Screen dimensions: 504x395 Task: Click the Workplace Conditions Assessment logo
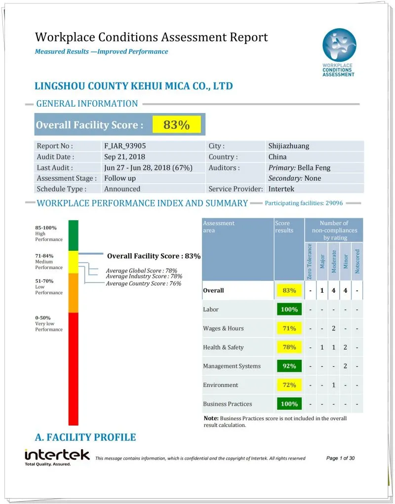click(x=339, y=52)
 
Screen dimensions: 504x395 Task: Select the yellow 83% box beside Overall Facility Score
click(x=176, y=125)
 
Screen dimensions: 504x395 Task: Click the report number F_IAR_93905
click(x=125, y=146)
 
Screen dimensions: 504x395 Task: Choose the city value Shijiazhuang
click(x=289, y=146)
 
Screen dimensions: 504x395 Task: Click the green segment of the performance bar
click(x=73, y=235)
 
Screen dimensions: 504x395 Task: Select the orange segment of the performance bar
click(x=73, y=292)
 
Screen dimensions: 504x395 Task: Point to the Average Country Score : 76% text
click(x=144, y=283)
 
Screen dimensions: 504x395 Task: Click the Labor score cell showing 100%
click(x=289, y=310)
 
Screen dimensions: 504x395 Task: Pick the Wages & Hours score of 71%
click(x=289, y=328)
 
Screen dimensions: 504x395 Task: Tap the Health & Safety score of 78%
click(x=289, y=347)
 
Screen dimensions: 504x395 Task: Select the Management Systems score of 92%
click(x=289, y=366)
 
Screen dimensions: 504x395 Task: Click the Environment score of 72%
click(x=289, y=385)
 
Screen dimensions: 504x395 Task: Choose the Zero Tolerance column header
click(x=310, y=262)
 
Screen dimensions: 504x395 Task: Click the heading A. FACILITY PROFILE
click(x=85, y=437)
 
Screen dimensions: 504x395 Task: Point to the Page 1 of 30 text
click(x=340, y=458)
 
